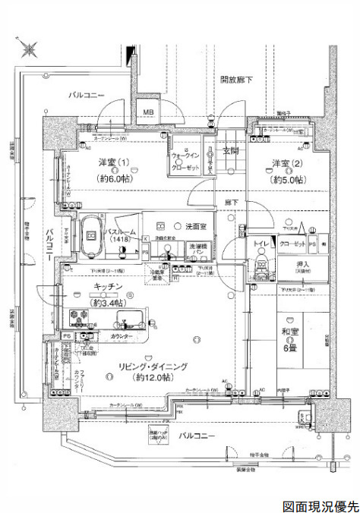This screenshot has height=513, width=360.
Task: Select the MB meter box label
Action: (150, 114)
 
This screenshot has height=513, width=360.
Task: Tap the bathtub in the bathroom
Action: (91, 235)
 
